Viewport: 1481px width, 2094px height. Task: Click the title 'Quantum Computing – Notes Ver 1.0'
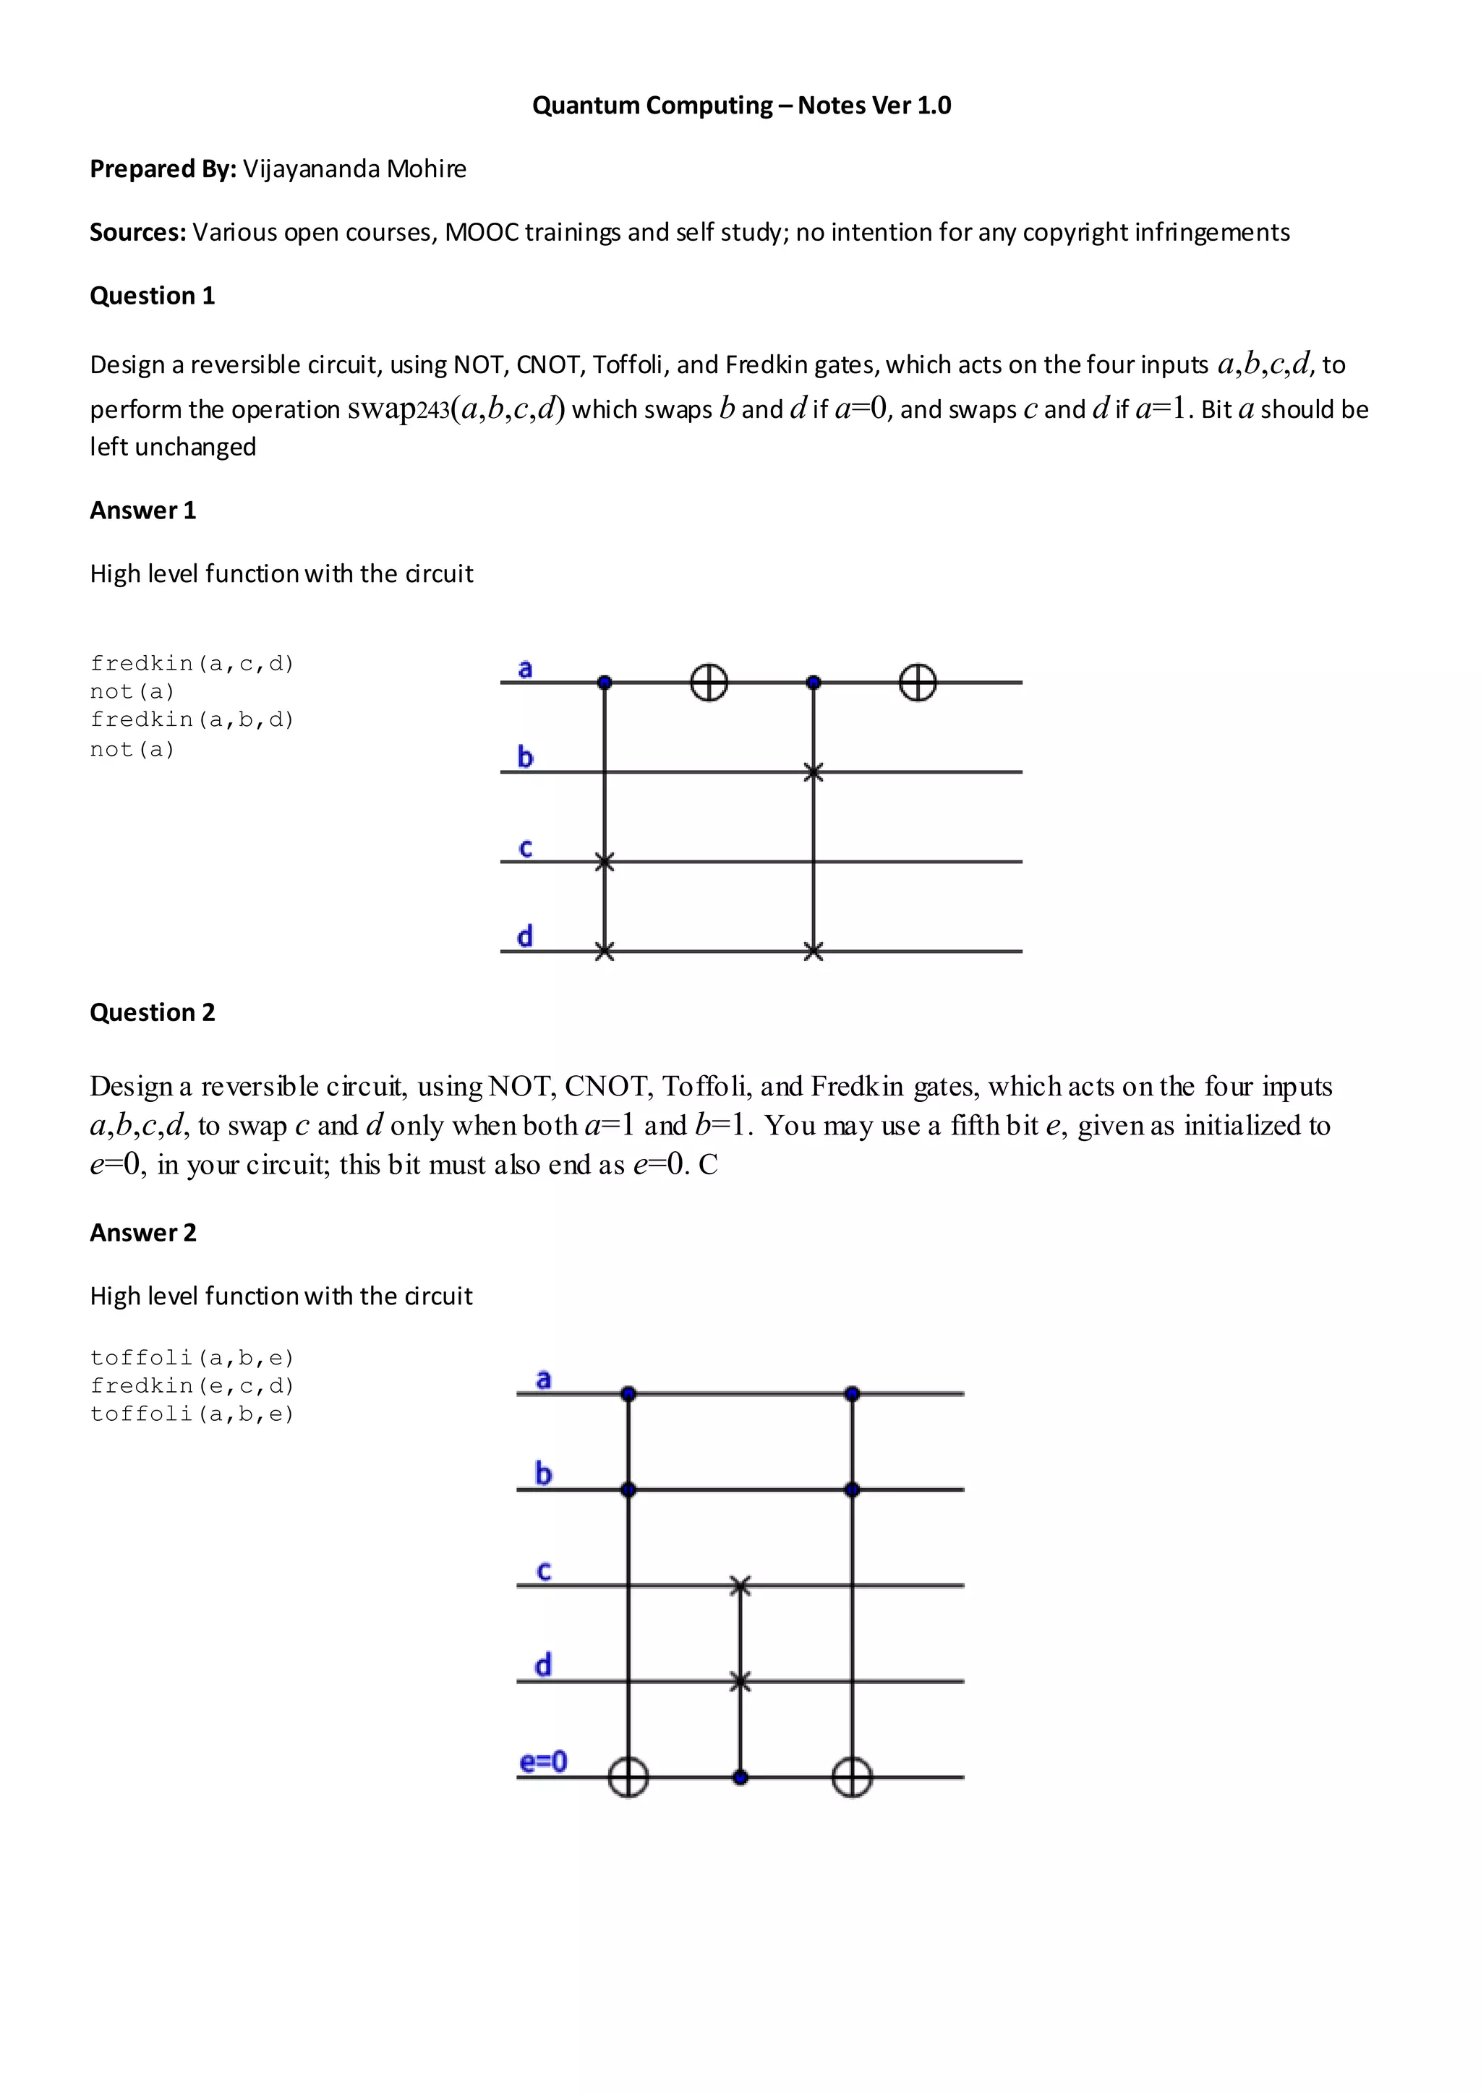pyautogui.click(x=740, y=106)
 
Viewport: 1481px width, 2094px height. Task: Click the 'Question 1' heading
pyautogui.click(x=153, y=296)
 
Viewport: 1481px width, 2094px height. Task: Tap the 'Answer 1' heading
pyautogui.click(x=142, y=510)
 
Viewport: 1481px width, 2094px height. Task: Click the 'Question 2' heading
pyautogui.click(x=153, y=1012)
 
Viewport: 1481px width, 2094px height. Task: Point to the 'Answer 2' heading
pyautogui.click(x=142, y=1232)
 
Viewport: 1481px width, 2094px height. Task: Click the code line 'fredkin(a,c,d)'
pyautogui.click(x=192, y=663)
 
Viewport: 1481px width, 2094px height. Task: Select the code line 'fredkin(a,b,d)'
pyautogui.click(x=192, y=719)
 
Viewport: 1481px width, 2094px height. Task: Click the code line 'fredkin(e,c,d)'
pyautogui.click(x=192, y=1385)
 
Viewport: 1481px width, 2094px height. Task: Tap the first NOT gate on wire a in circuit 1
pyautogui.click(x=709, y=682)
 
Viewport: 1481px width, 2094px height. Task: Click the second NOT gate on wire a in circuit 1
pyautogui.click(x=918, y=682)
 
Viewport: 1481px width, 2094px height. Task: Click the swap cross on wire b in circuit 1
pyautogui.click(x=814, y=772)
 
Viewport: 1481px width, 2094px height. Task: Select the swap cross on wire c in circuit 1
pyautogui.click(x=604, y=861)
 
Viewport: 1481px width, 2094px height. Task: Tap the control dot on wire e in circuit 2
pyautogui.click(x=740, y=1777)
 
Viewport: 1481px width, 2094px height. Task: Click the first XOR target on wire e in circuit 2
pyautogui.click(x=628, y=1777)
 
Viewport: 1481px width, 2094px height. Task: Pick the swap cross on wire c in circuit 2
pyautogui.click(x=740, y=1586)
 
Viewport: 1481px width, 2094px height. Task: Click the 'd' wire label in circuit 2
pyautogui.click(x=542, y=1664)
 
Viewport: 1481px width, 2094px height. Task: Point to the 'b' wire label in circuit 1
pyautogui.click(x=525, y=756)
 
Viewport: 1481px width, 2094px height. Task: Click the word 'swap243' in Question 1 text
pyautogui.click(x=398, y=409)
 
